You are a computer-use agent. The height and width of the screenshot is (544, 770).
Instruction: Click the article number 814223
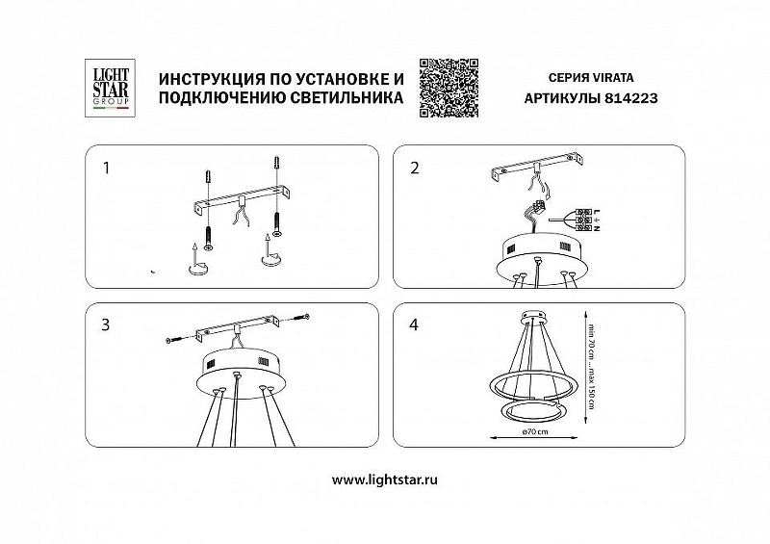coord(630,98)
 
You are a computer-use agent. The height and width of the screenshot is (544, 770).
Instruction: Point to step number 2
coord(415,168)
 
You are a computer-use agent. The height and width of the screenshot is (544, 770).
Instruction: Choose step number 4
coord(415,325)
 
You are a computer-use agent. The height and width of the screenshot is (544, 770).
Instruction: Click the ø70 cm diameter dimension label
coord(535,431)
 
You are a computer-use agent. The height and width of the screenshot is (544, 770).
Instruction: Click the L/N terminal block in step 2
coord(582,220)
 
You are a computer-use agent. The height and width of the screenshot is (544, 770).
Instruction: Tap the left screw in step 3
coord(173,339)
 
